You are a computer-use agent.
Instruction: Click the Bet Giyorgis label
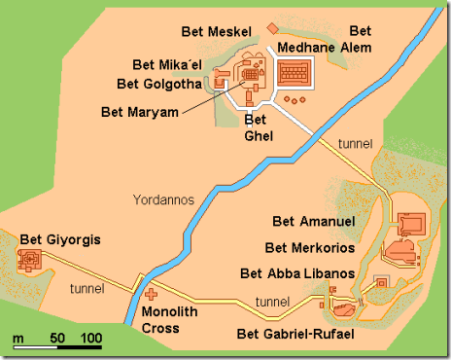click(x=60, y=238)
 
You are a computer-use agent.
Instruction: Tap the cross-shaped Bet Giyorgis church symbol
click(x=30, y=260)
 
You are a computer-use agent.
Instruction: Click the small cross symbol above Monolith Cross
click(x=151, y=293)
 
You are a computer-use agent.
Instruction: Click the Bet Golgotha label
click(x=158, y=84)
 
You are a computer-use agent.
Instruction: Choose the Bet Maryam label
click(x=140, y=111)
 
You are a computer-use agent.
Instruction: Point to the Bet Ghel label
click(x=256, y=127)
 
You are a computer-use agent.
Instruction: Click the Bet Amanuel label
click(x=314, y=222)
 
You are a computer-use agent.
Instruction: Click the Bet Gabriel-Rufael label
click(x=295, y=336)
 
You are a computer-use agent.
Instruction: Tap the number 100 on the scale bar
click(x=91, y=338)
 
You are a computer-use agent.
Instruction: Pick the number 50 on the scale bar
click(x=57, y=338)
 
